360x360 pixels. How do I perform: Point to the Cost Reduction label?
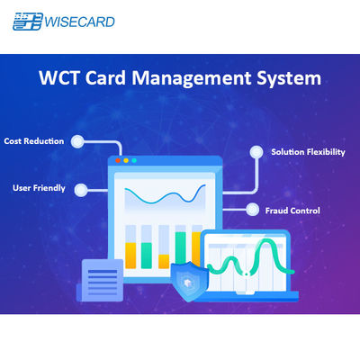coord(33,141)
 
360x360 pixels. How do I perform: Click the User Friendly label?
coord(37,189)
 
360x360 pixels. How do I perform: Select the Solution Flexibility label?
coord(308,152)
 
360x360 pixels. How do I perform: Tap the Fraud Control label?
coord(292,210)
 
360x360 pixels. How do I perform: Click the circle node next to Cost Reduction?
coord(78,141)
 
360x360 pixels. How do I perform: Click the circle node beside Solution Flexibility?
coord(255,152)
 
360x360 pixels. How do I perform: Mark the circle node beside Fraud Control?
coord(252,210)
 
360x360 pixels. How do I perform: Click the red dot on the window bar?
coord(118,161)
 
